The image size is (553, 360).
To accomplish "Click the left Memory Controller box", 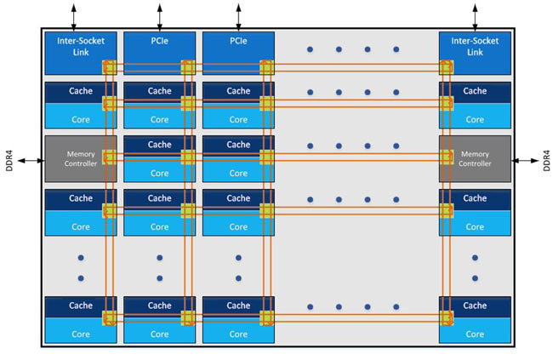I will [x=79, y=158].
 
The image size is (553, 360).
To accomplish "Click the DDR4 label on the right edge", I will [x=544, y=161].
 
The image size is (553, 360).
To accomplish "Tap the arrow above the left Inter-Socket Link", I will [x=73, y=14].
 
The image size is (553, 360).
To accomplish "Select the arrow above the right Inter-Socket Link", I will [x=475, y=14].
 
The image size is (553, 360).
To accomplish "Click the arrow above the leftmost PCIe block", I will [x=159, y=14].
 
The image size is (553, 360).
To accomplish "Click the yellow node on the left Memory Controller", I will [x=108, y=157].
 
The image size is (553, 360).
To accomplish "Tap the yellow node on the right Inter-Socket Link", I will [x=446, y=67].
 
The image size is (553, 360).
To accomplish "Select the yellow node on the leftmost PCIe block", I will [x=187, y=67].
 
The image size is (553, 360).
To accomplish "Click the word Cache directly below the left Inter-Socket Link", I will [x=81, y=91].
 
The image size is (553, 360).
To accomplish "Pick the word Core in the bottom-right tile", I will [x=475, y=334].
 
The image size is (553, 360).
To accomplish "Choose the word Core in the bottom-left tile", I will [x=81, y=334].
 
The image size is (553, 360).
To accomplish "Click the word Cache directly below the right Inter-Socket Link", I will [x=475, y=91].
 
